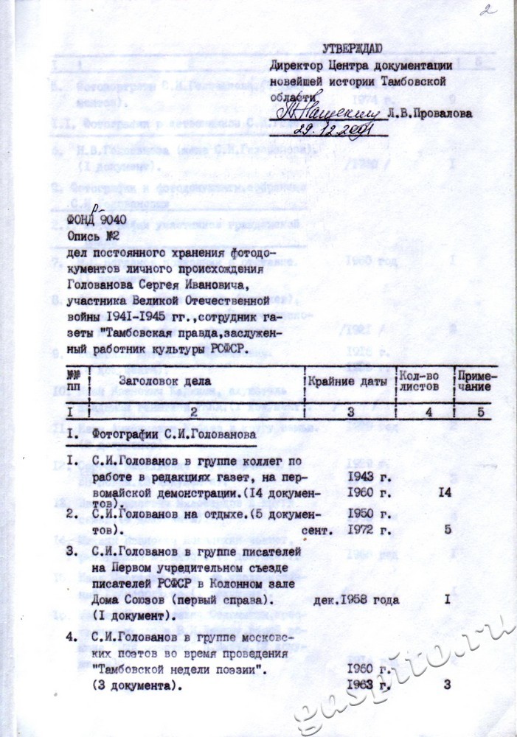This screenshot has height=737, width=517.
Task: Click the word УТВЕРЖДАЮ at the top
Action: tap(352, 49)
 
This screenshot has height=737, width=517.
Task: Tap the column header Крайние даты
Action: tap(347, 380)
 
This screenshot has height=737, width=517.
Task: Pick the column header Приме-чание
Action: tap(476, 380)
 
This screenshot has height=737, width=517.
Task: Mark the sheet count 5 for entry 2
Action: tap(448, 528)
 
